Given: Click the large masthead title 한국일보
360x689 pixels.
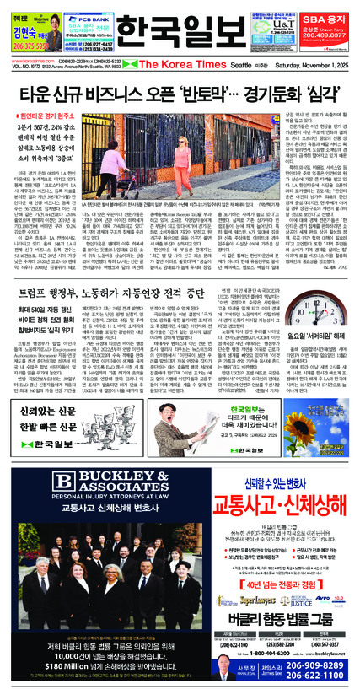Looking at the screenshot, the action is (x=180, y=32).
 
